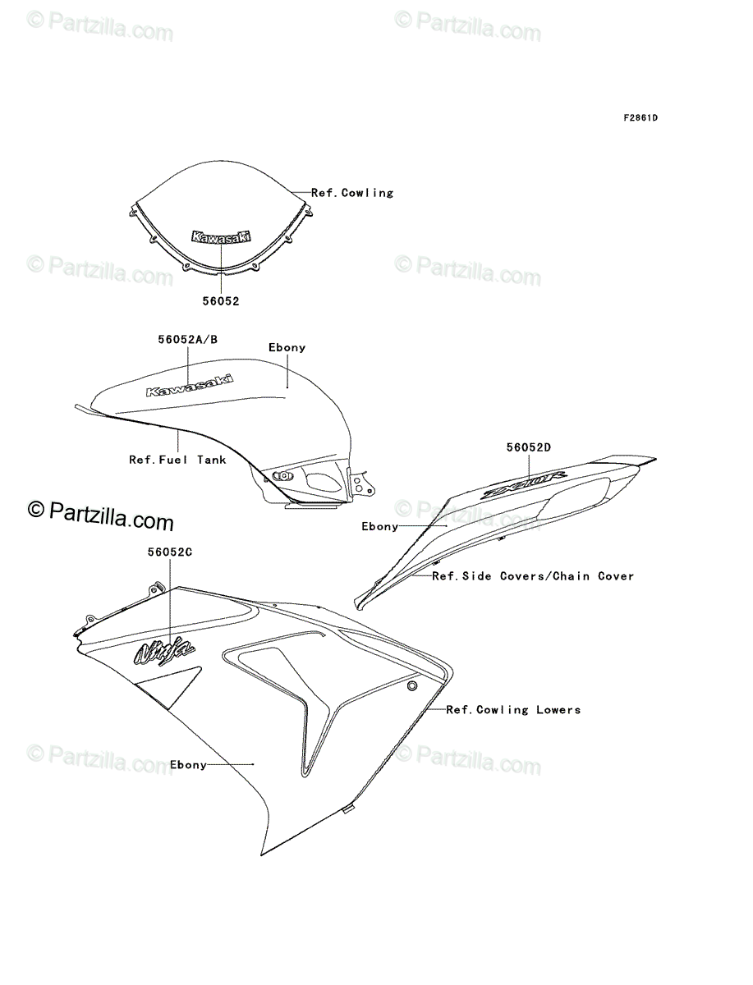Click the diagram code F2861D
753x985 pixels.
(640, 117)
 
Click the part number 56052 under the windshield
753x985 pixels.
(221, 301)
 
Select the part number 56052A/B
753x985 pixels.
(188, 339)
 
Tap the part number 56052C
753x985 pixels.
(170, 552)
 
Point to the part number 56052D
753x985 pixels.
(528, 447)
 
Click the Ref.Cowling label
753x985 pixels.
(352, 193)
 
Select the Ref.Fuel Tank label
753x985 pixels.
(177, 460)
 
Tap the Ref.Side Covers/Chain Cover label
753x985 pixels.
(533, 576)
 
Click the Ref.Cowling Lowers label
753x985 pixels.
(513, 710)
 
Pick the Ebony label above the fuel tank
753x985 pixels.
(287, 348)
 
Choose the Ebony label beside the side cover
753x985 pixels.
(380, 527)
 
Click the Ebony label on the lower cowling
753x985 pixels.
(188, 765)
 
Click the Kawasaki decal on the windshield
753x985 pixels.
(222, 236)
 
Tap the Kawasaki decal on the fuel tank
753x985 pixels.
(190, 385)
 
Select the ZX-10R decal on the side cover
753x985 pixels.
(525, 484)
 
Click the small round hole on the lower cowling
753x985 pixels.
(412, 685)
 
